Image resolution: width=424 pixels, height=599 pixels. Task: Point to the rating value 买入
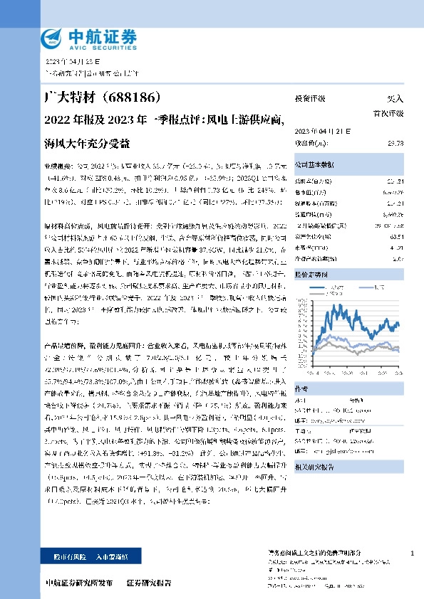click(x=395, y=99)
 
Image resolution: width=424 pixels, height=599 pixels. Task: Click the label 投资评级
click(x=310, y=99)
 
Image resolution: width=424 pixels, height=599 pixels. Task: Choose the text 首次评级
click(x=388, y=113)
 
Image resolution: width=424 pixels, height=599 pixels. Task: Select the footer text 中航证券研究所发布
click(x=78, y=583)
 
